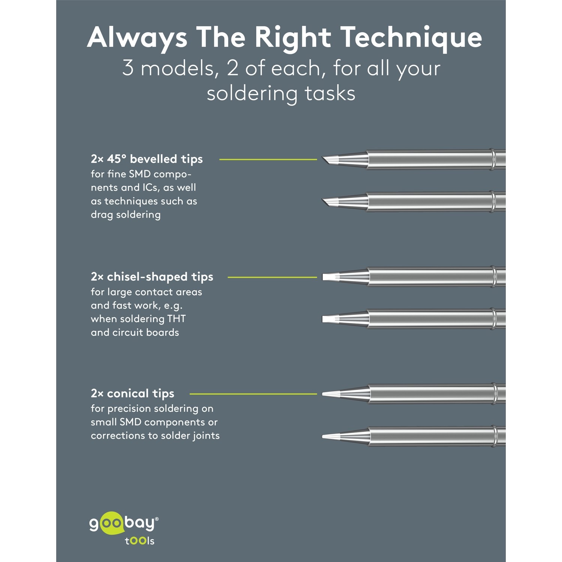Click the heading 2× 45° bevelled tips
[146, 159]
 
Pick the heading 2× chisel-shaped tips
[152, 277]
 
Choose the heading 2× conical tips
[132, 393]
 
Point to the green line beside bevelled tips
[268, 159]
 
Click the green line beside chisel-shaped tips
[272, 277]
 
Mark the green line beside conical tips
[253, 394]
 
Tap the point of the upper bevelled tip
[322, 158]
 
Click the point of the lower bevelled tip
[322, 200]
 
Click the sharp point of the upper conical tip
[323, 394]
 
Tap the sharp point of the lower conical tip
[323, 436]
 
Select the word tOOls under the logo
[140, 541]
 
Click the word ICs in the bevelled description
[151, 188]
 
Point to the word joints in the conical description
[206, 436]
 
